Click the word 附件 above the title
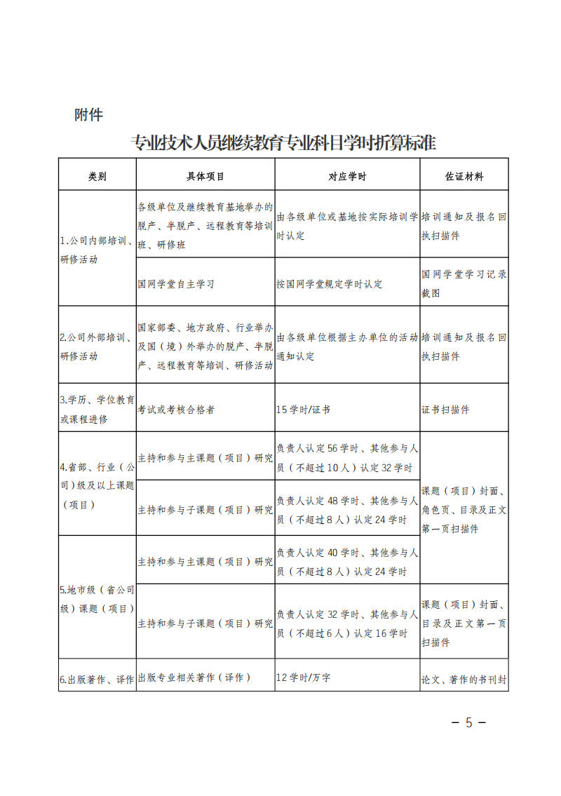[88, 115]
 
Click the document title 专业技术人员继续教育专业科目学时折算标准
[284, 142]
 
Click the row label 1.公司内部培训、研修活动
[97, 250]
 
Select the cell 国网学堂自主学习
[176, 284]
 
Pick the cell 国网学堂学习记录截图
[464, 284]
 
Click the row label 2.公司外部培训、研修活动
[97, 346]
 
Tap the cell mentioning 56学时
[347, 458]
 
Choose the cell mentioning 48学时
[347, 510]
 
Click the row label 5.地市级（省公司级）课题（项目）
[97, 598]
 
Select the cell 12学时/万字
[304, 677]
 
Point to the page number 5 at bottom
[469, 722]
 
